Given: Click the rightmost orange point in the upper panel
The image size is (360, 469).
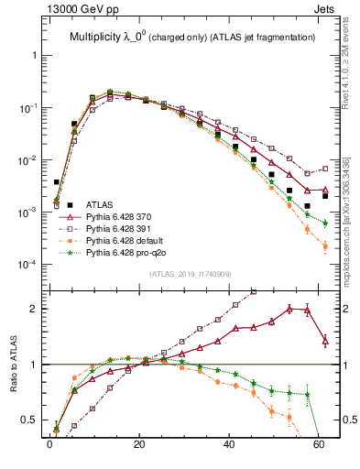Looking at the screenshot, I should pos(325,246).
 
